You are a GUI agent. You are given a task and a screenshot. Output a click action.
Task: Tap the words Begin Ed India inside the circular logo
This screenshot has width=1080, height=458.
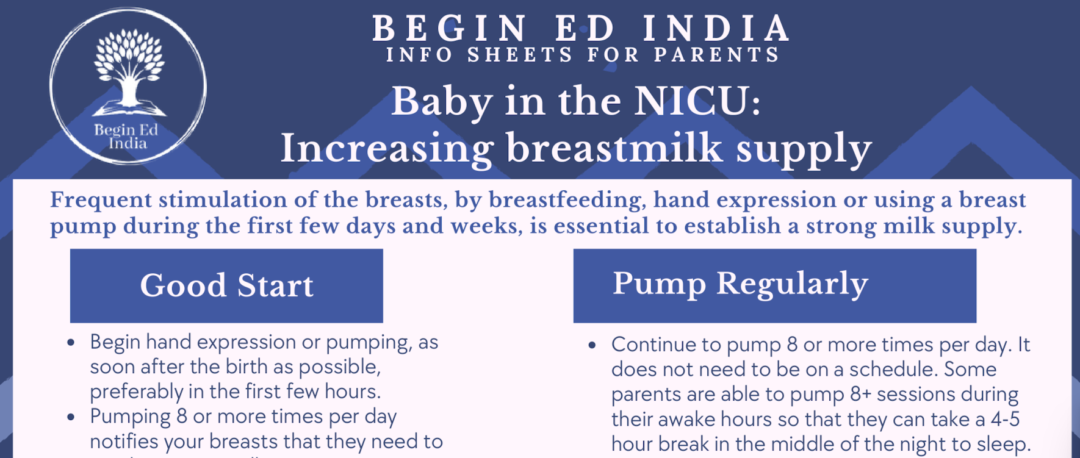(x=127, y=137)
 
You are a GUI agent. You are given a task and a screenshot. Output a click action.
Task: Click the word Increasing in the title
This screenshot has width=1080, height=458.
(x=386, y=149)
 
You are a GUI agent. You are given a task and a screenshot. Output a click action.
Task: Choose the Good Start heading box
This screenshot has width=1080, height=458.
(x=226, y=285)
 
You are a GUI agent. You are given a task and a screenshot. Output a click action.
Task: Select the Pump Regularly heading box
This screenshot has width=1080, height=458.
(x=774, y=285)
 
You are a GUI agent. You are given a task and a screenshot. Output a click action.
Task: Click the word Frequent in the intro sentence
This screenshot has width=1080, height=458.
(x=101, y=200)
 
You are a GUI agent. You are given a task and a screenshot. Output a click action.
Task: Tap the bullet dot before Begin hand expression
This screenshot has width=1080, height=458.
(x=71, y=343)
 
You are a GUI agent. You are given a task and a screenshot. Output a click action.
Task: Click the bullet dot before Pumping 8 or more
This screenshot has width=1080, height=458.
(x=71, y=418)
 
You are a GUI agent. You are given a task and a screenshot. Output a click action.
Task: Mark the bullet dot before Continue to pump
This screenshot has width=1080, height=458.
(x=592, y=346)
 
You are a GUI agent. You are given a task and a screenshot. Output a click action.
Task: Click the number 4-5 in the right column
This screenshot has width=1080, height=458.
(x=1005, y=420)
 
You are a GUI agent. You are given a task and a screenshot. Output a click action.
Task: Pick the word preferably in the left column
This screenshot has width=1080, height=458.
(x=128, y=392)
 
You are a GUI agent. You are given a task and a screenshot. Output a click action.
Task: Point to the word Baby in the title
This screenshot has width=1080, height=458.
(x=441, y=102)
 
